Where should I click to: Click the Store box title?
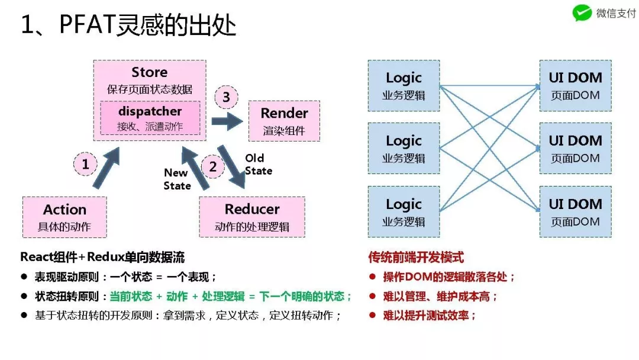[x=150, y=72]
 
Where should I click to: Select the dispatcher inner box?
[x=150, y=118]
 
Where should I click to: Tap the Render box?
[x=284, y=121]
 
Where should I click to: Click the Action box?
[x=64, y=217]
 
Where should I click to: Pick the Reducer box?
[x=252, y=217]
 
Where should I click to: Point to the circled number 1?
[x=86, y=164]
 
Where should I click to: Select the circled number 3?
[x=226, y=98]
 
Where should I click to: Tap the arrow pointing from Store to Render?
[x=227, y=123]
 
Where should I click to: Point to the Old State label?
[x=259, y=165]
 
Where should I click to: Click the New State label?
[x=177, y=179]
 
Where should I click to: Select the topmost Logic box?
[x=404, y=85]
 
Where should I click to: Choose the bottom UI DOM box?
[x=575, y=212]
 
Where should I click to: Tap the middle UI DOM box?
[x=575, y=149]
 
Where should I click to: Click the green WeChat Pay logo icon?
[x=582, y=14]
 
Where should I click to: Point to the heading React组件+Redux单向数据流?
[x=102, y=258]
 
